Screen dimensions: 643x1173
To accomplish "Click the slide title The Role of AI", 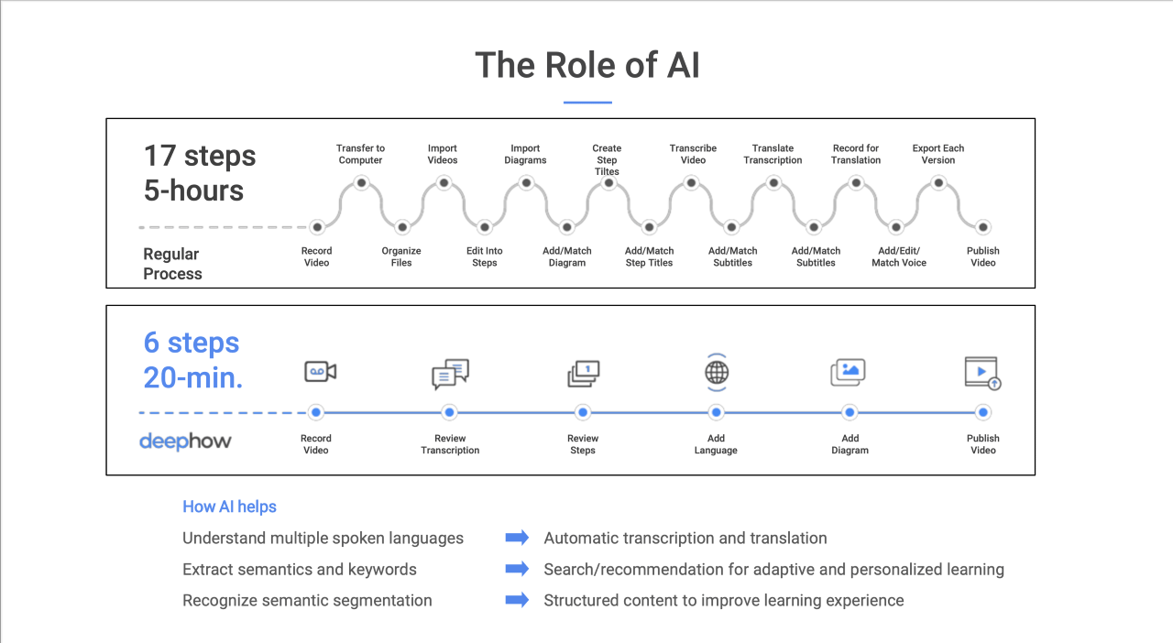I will click(x=586, y=66).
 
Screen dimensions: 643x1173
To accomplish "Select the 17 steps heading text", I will click(x=200, y=156).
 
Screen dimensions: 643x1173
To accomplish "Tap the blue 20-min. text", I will click(x=193, y=377).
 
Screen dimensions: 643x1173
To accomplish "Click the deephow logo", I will click(x=185, y=441).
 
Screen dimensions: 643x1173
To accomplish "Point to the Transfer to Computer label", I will click(x=360, y=154).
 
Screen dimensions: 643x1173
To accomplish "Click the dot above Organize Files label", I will click(x=401, y=227).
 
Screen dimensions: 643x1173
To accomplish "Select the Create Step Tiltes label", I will click(x=607, y=159).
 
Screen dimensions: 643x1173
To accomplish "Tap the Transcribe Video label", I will click(x=693, y=154).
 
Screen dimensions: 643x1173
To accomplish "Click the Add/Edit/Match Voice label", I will click(x=899, y=256).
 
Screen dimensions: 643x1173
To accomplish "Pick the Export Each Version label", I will click(x=937, y=154).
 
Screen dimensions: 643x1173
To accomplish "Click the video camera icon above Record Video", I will click(x=320, y=371).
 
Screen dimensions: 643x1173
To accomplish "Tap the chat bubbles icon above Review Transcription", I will click(x=450, y=374).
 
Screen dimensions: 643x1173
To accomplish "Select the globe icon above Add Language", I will click(x=717, y=373).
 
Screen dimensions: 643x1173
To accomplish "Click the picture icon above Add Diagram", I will click(x=848, y=372).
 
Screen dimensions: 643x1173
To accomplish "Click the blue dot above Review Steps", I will click(x=583, y=413).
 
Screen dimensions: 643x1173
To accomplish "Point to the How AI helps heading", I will click(x=229, y=507).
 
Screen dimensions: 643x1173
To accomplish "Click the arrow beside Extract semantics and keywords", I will click(x=518, y=569).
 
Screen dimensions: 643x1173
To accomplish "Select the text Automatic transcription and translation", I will click(x=685, y=539).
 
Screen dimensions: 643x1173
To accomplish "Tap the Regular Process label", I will click(x=172, y=264).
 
